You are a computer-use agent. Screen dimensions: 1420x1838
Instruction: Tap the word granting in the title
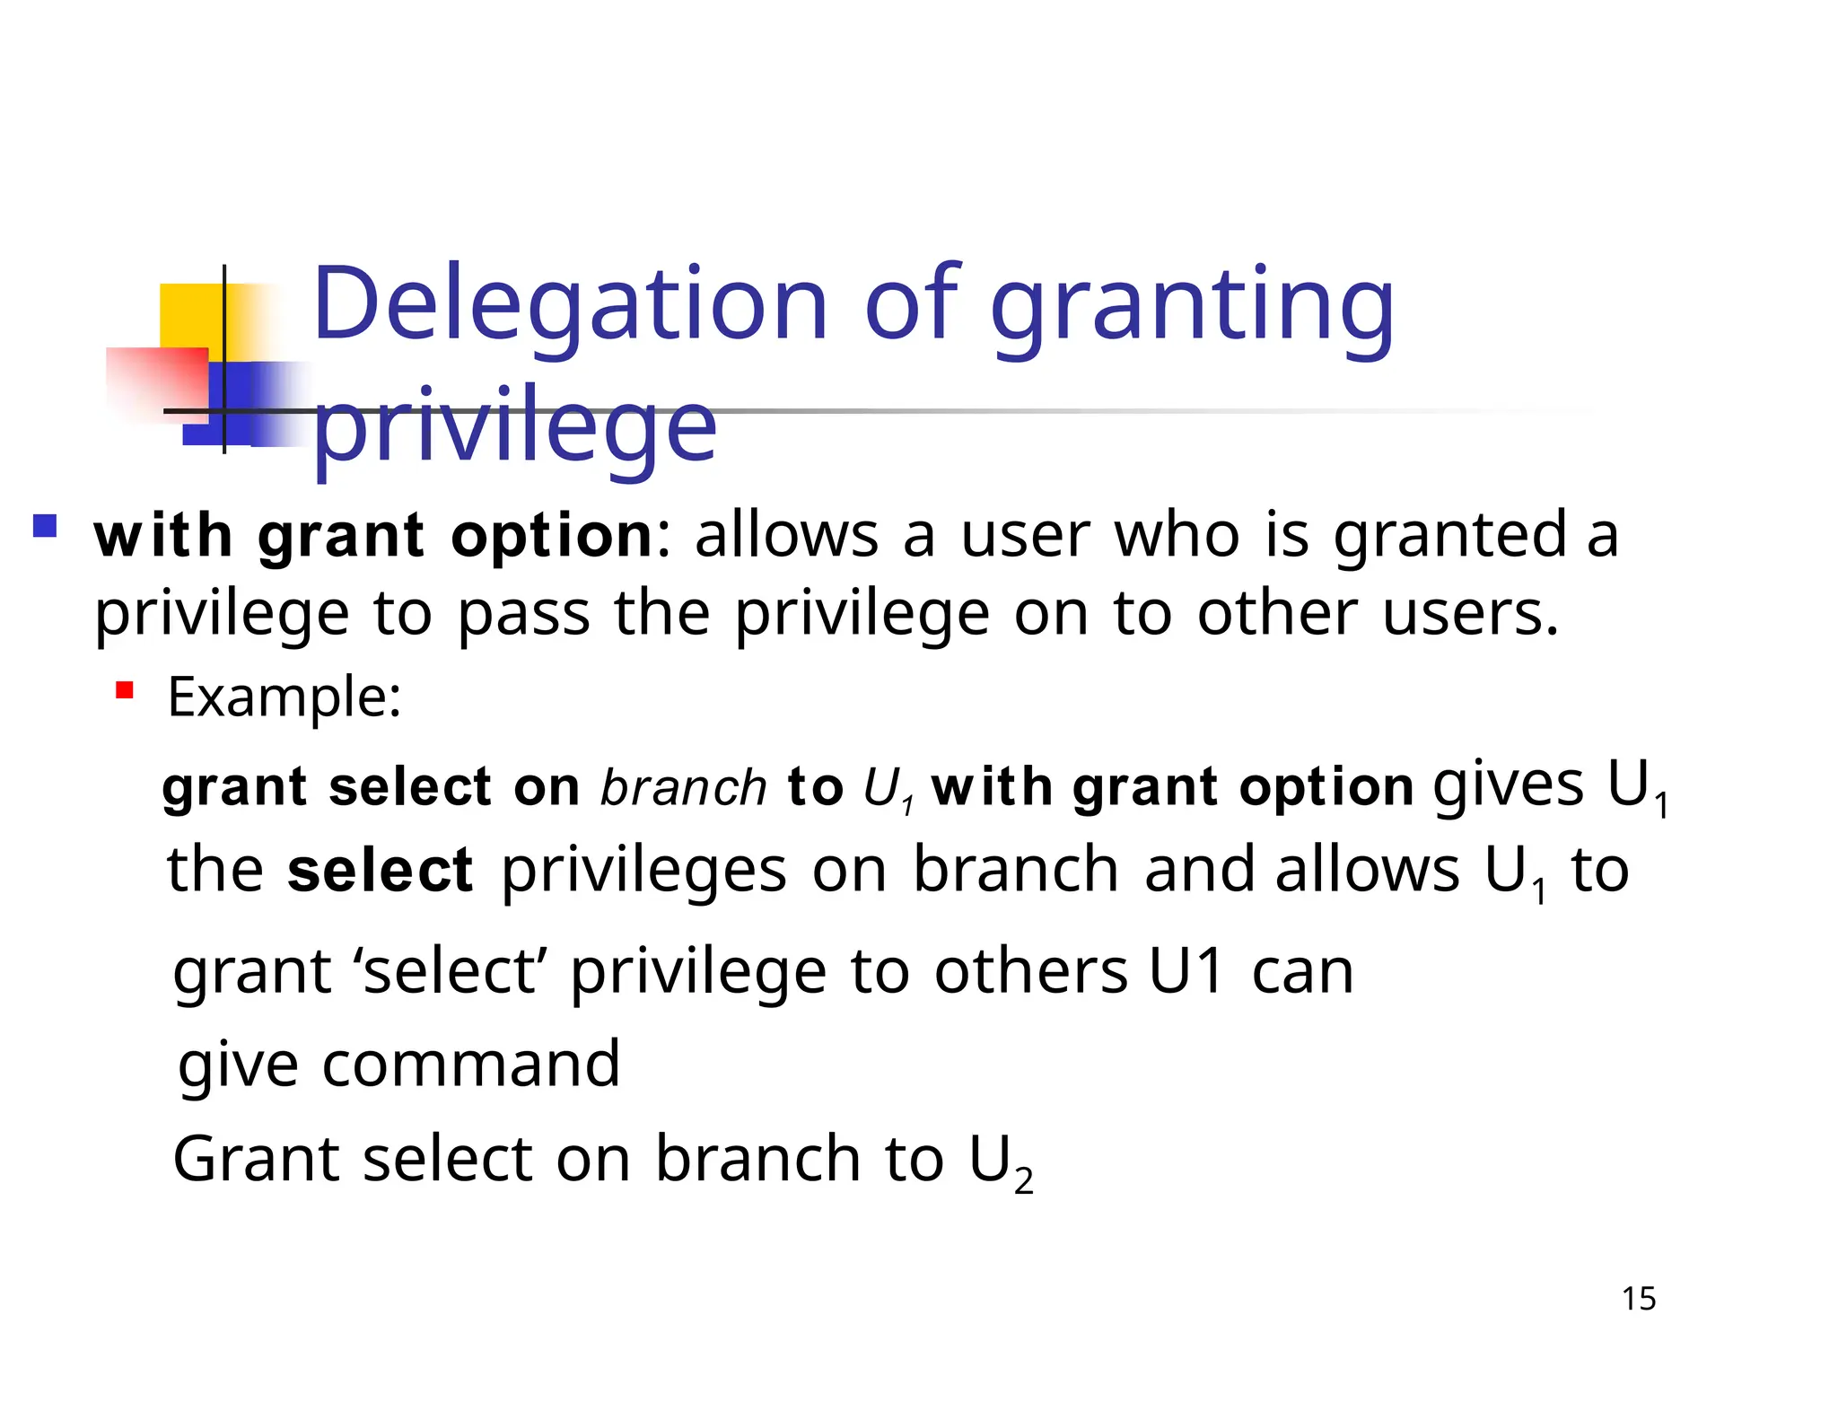1192,310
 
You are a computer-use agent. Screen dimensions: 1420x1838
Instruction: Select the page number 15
1639,1299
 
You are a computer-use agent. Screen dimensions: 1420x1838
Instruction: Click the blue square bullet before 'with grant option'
45,525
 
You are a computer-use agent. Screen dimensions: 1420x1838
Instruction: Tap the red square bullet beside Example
124,690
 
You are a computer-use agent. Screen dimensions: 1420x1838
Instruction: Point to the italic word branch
683,788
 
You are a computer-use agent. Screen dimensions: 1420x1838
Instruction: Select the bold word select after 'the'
380,871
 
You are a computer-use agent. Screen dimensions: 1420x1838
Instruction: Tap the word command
471,1065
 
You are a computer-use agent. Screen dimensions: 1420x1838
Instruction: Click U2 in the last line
1001,1161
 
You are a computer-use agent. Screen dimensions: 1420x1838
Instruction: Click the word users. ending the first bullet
1470,614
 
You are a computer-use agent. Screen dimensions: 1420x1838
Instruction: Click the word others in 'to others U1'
1030,971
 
